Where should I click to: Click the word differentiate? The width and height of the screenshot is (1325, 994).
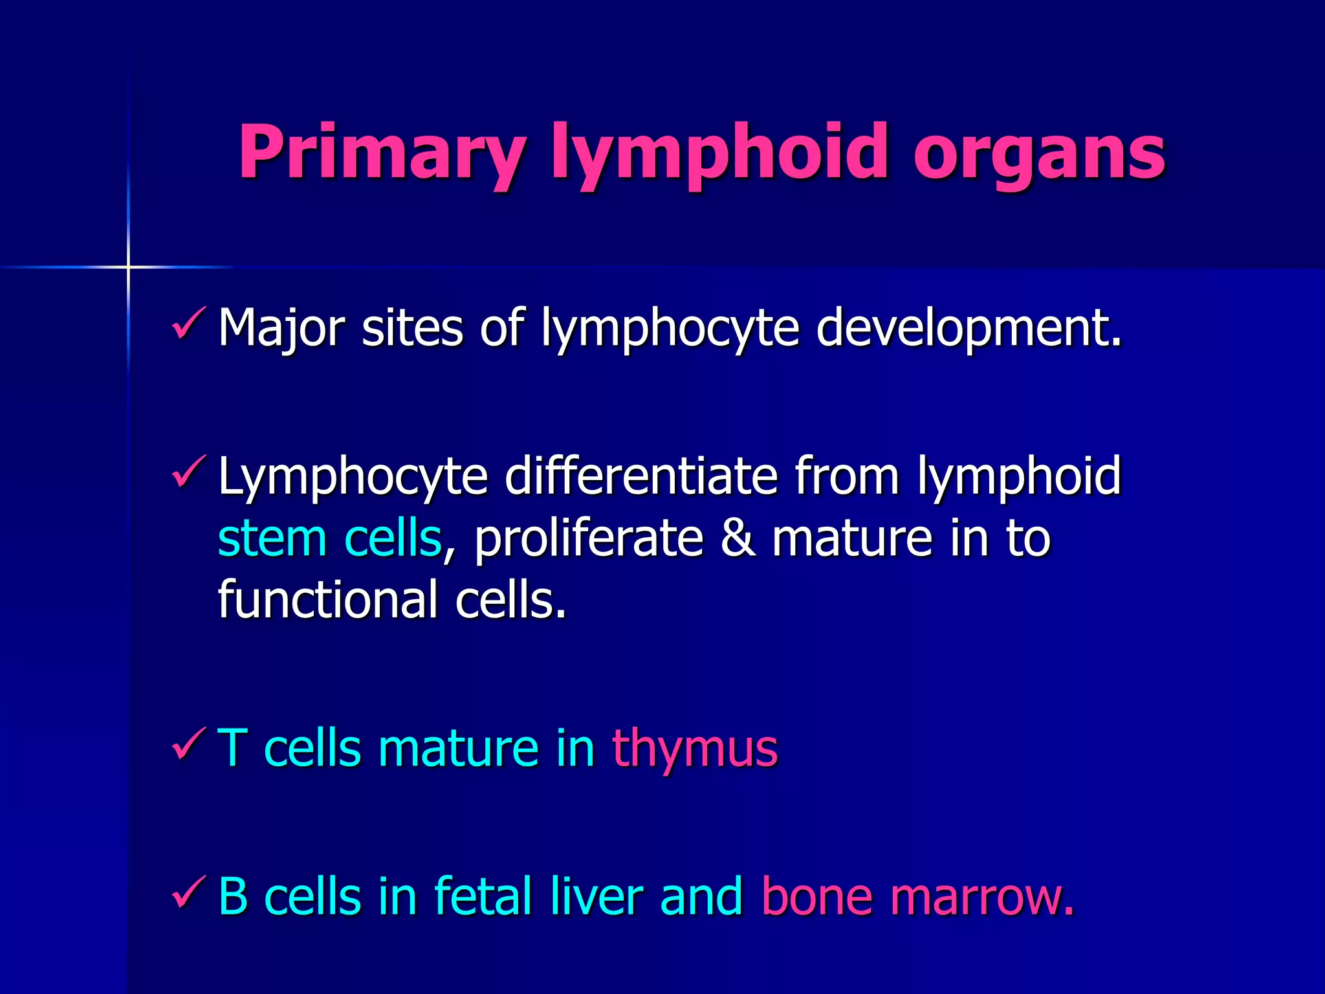click(641, 476)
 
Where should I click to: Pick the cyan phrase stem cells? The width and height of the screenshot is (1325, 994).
click(330, 538)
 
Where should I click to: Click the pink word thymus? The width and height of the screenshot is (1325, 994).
click(695, 749)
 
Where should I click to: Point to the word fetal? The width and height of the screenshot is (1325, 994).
click(483, 897)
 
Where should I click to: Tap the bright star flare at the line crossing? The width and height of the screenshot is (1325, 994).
click(128, 267)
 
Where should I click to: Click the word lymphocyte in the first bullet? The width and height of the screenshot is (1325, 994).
click(670, 328)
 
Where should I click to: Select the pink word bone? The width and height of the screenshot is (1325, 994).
click(817, 897)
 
